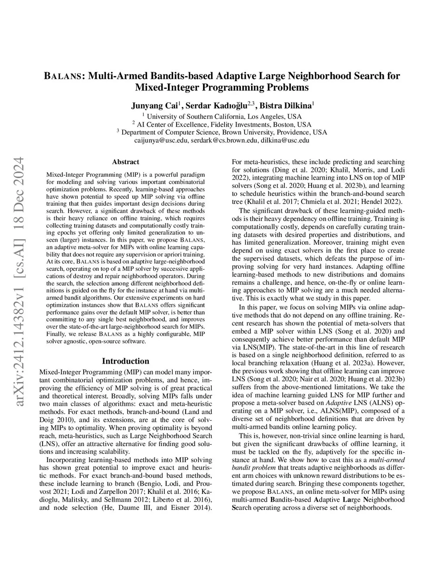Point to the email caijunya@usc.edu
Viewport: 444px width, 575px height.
161,141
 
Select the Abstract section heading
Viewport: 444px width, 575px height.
125,162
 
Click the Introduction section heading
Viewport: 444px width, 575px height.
125,361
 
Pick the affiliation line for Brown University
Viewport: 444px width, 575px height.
222,132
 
